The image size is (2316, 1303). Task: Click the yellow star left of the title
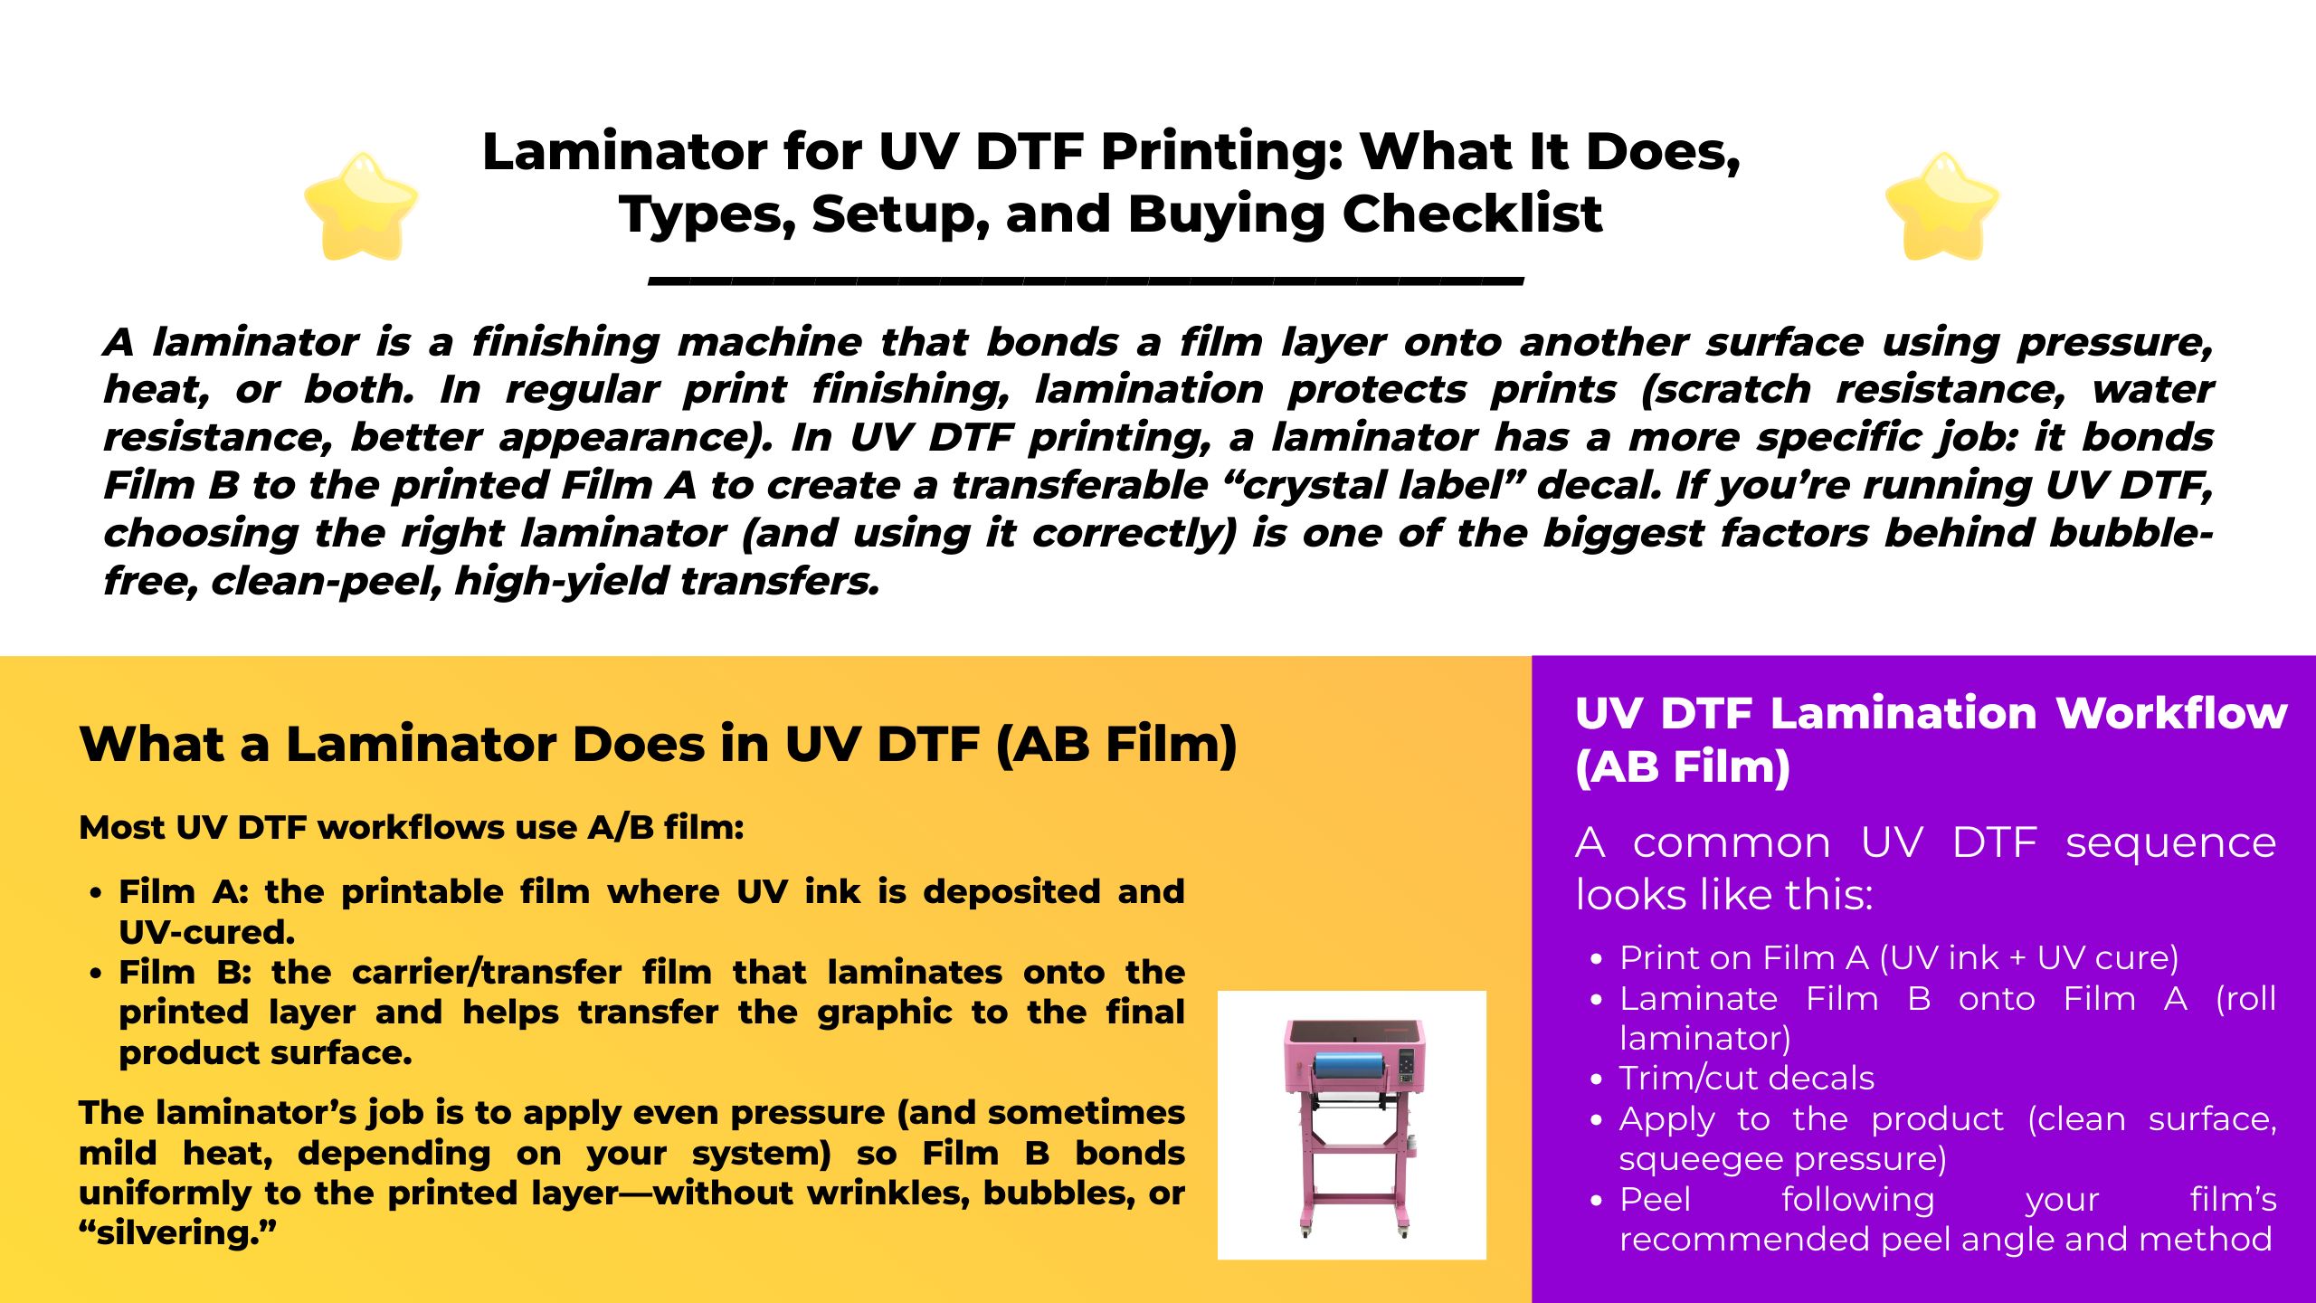click(x=361, y=206)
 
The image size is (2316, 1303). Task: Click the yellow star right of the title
click(x=1942, y=206)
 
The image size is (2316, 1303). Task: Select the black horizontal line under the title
click(x=1086, y=281)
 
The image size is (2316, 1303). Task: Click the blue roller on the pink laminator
click(x=1349, y=1066)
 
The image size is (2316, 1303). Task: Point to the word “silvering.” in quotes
click(x=177, y=1233)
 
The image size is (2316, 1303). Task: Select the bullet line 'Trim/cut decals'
click(x=1746, y=1079)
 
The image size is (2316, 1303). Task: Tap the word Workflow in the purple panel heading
click(x=2171, y=713)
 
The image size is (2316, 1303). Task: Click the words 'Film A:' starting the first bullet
click(x=184, y=892)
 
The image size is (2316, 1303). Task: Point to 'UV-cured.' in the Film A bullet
click(x=207, y=933)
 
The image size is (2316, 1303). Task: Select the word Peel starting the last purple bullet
click(x=1655, y=1199)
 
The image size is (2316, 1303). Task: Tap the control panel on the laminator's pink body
click(x=1407, y=1066)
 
